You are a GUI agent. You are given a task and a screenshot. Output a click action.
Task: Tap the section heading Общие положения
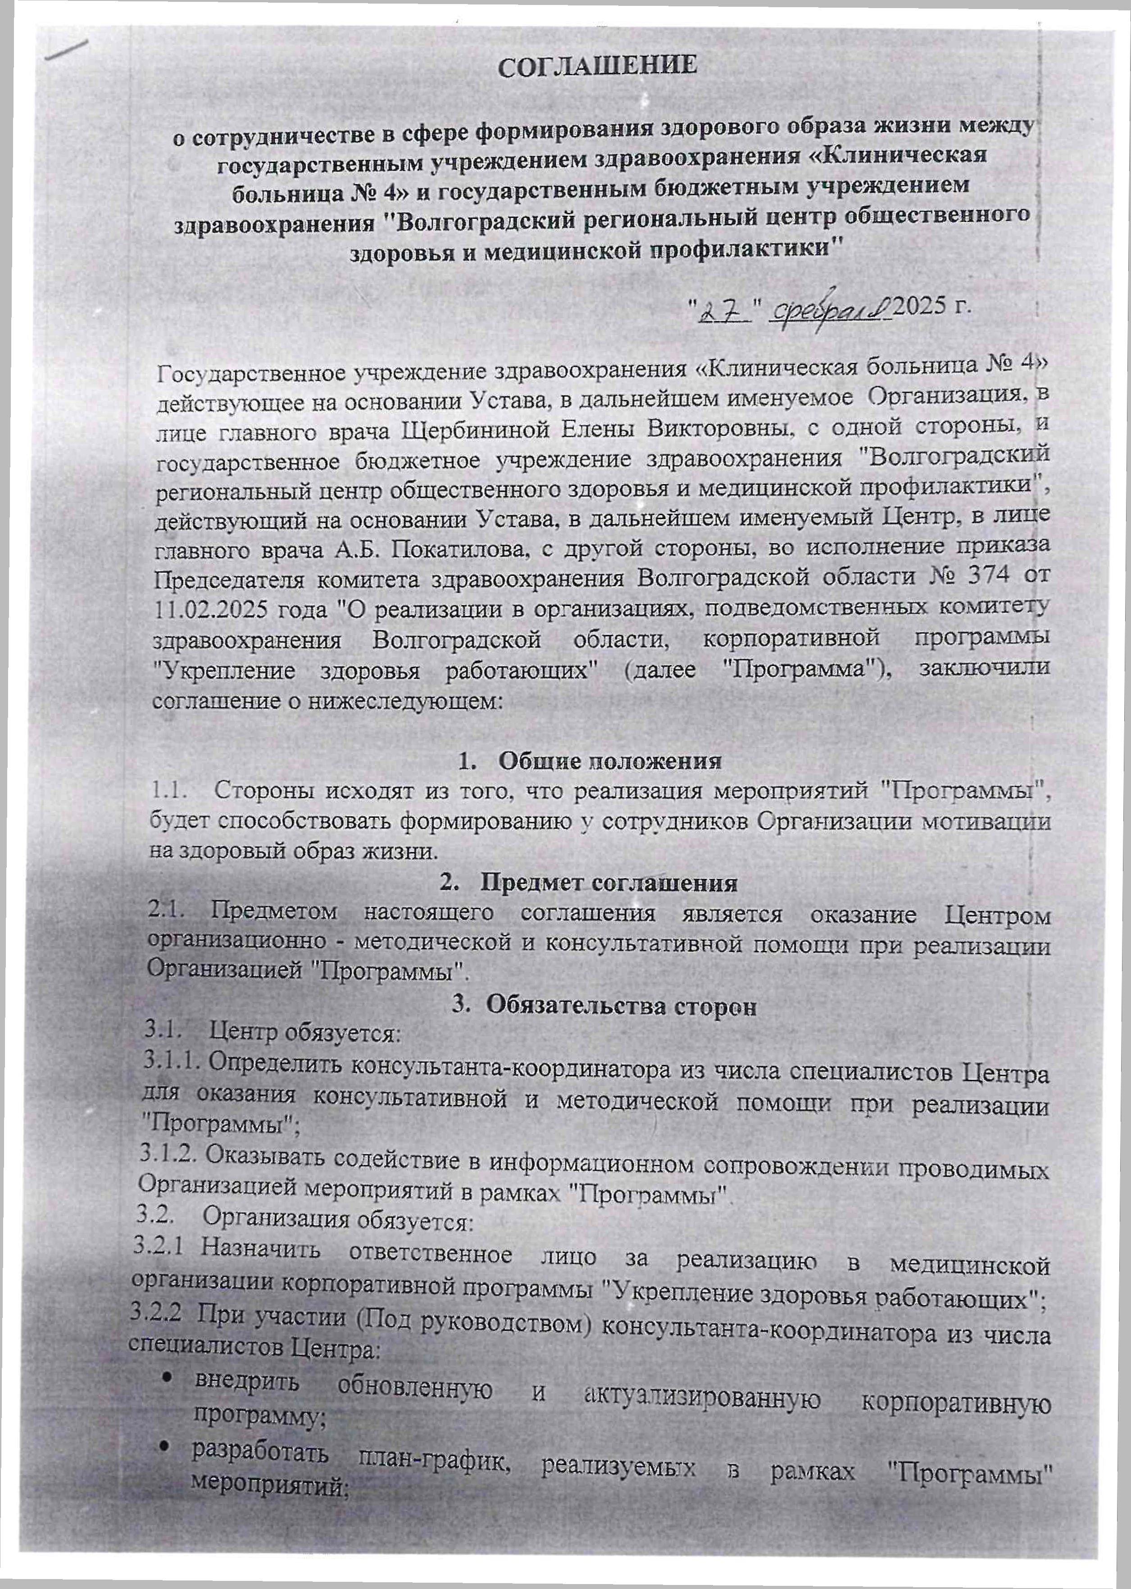point(610,761)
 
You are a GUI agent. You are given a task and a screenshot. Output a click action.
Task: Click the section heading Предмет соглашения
point(609,883)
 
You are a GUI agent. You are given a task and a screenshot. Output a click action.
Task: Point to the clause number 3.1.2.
point(167,1156)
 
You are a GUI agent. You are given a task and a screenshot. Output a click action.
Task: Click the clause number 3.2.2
point(157,1314)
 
